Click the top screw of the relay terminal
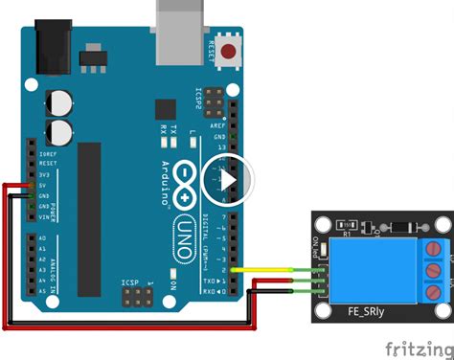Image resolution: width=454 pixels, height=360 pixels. [x=436, y=251]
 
